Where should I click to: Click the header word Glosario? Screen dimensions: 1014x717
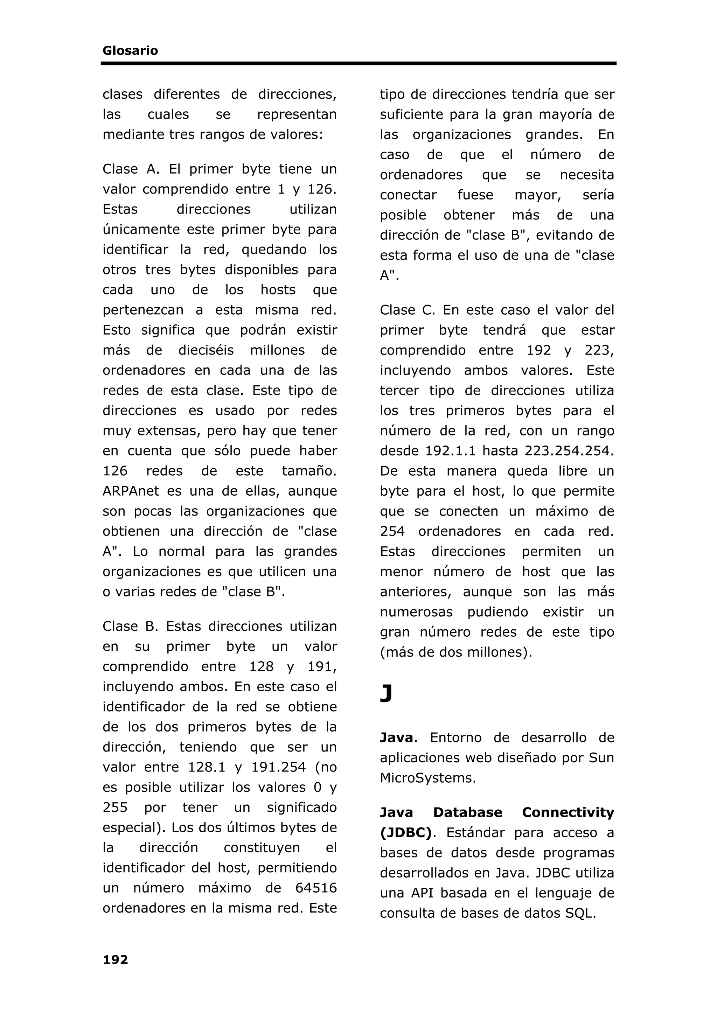130,51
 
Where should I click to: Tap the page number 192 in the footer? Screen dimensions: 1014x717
115,960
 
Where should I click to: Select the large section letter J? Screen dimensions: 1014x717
386,694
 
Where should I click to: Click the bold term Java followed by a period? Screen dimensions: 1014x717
396,737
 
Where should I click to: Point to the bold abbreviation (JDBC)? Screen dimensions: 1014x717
405,832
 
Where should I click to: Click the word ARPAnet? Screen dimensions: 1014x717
125,491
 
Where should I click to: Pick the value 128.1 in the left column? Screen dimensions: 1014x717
206,767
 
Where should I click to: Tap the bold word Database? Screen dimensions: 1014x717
467,812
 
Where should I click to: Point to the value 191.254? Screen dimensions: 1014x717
278,767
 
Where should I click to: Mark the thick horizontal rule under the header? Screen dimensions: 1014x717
358,64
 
